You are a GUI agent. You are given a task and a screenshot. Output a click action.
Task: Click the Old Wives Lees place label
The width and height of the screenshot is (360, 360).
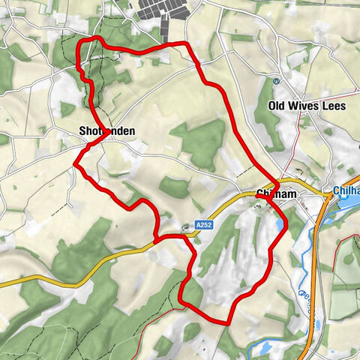coord(307,106)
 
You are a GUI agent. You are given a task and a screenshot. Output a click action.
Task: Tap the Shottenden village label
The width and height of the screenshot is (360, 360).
coord(107,131)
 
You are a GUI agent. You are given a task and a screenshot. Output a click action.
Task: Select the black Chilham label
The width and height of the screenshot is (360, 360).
coord(277,194)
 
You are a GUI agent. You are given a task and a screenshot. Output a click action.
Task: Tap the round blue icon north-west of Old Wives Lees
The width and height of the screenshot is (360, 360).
coord(277,81)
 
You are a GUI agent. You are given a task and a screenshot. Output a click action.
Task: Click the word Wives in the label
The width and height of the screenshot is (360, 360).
coord(306,106)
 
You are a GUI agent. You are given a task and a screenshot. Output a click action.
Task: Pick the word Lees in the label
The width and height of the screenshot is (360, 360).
coord(334,106)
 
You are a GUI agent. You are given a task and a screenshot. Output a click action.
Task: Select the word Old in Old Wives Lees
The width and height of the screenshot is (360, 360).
coord(278,106)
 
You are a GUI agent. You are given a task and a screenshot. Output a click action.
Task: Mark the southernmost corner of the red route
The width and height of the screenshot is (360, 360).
coord(226,321)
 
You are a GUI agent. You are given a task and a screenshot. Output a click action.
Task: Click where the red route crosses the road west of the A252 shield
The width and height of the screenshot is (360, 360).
coord(155,240)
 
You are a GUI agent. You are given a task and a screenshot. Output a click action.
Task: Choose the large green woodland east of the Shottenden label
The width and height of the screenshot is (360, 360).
coord(199,142)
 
